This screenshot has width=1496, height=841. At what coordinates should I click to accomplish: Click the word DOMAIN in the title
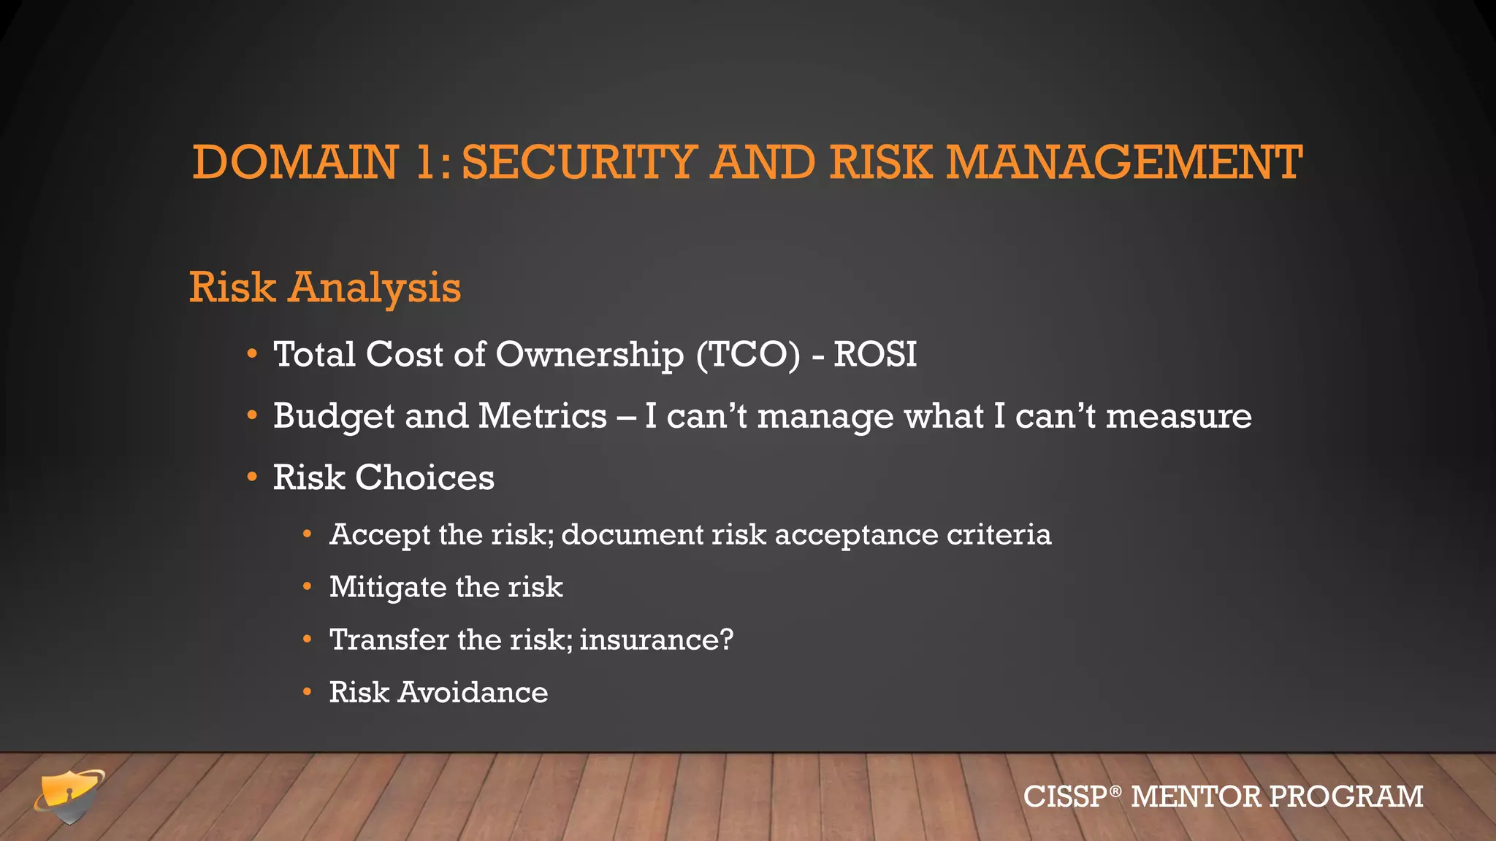tap(295, 162)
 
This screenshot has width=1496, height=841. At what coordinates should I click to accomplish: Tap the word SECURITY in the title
tap(579, 162)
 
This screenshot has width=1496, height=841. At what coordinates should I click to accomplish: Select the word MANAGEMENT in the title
tap(1124, 162)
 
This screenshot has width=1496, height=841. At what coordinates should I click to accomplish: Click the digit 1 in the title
tap(425, 162)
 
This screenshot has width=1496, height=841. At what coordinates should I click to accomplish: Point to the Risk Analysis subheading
tap(325, 287)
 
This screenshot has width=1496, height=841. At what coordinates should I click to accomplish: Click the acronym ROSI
tap(874, 355)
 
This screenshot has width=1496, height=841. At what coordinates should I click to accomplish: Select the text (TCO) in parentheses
tap(748, 355)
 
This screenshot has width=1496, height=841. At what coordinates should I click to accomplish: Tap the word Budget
tap(333, 417)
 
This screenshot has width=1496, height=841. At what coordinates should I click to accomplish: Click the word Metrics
tap(542, 416)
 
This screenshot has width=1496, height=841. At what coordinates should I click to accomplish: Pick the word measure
tap(1178, 417)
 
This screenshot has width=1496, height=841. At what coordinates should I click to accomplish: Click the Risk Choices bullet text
tap(383, 478)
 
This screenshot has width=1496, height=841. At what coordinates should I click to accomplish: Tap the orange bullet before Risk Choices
tap(252, 478)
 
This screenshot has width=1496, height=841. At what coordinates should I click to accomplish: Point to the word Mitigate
tap(387, 588)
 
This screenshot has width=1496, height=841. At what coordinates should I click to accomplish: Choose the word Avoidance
tap(473, 692)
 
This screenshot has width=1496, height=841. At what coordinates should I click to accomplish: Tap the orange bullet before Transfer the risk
tap(308, 640)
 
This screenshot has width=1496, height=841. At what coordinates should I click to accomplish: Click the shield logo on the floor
tap(69, 796)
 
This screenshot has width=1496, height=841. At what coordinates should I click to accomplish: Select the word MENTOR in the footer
tap(1195, 796)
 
